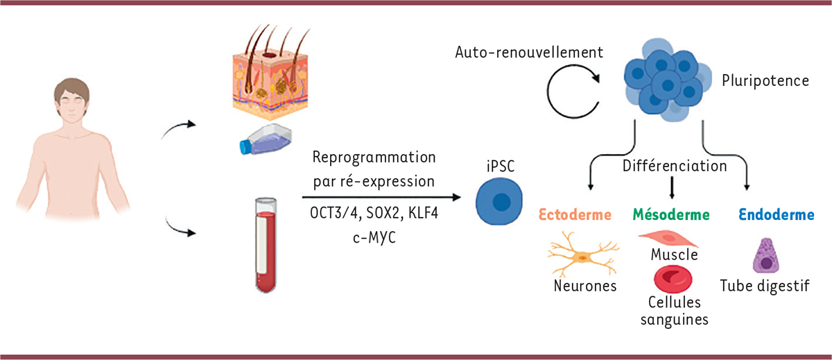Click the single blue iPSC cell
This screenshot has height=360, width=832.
click(x=498, y=201)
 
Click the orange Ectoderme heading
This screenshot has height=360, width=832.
click(x=573, y=215)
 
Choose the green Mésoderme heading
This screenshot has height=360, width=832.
click(x=670, y=215)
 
